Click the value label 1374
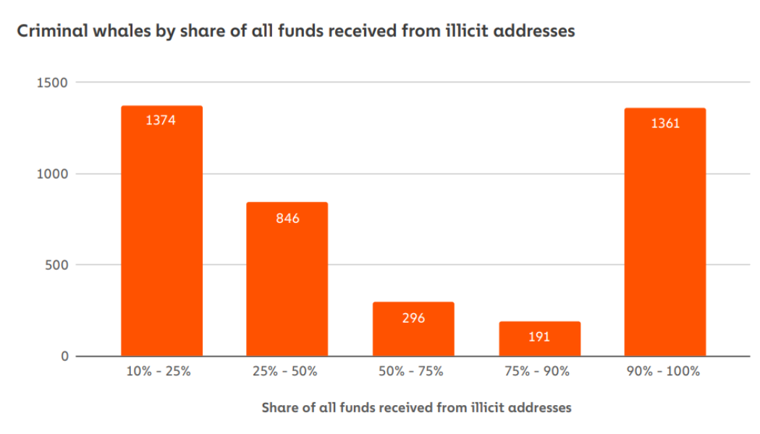coord(161,121)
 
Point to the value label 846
coord(287,218)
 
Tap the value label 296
coord(413,318)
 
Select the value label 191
coord(539,336)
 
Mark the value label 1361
coord(665,124)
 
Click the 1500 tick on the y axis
coord(52,82)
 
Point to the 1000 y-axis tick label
coord(52,174)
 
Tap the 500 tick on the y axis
coord(56,265)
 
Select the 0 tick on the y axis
coord(64,356)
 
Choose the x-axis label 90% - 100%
coord(665,372)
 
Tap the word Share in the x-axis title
coord(279,408)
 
